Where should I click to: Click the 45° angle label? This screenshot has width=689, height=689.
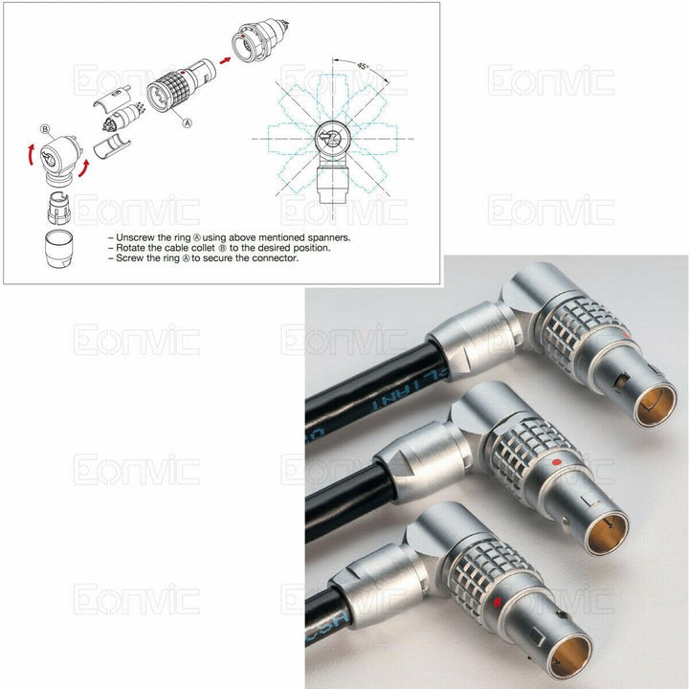pos(363,66)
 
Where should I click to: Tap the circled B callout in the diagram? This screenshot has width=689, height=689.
pos(44,129)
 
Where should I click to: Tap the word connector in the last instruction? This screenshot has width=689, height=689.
pos(278,258)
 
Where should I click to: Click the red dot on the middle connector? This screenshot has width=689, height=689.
pos(556,463)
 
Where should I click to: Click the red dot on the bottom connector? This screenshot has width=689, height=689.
pos(497,603)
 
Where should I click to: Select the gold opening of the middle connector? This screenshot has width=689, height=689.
pos(606,528)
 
